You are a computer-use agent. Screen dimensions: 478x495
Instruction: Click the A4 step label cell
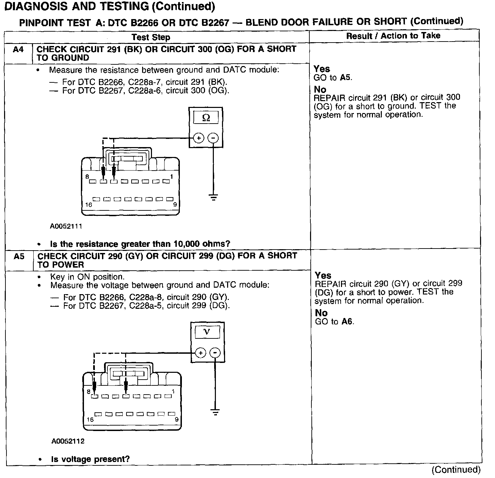point(18,50)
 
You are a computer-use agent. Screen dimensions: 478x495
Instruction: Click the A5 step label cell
point(19,256)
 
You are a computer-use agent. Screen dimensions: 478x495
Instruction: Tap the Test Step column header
point(151,37)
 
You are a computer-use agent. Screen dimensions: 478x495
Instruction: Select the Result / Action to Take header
point(393,36)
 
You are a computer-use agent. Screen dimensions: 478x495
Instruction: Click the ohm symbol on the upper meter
point(206,118)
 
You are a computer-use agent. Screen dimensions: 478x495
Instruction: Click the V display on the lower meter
point(207,332)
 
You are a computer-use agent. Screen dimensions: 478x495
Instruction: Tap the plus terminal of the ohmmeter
point(199,138)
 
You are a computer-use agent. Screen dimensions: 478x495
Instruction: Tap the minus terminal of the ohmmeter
point(213,138)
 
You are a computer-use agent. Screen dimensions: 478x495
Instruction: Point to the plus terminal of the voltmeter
point(201,353)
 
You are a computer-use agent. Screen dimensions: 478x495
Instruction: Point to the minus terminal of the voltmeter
point(215,353)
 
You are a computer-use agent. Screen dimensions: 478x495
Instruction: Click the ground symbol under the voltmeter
point(215,412)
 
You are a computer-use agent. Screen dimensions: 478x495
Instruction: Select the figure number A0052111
point(66,226)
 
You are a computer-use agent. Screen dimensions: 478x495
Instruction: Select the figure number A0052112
point(68,441)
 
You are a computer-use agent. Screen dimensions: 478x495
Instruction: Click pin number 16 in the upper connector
point(89,205)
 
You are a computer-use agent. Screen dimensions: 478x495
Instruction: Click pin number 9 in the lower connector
point(176,419)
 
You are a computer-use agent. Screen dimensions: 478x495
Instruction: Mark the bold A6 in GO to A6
point(346,321)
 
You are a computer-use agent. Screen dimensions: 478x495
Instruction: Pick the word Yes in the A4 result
point(322,69)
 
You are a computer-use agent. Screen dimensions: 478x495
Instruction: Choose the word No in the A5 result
point(321,313)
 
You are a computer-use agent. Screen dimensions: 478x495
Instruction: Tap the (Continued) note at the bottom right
point(456,470)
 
